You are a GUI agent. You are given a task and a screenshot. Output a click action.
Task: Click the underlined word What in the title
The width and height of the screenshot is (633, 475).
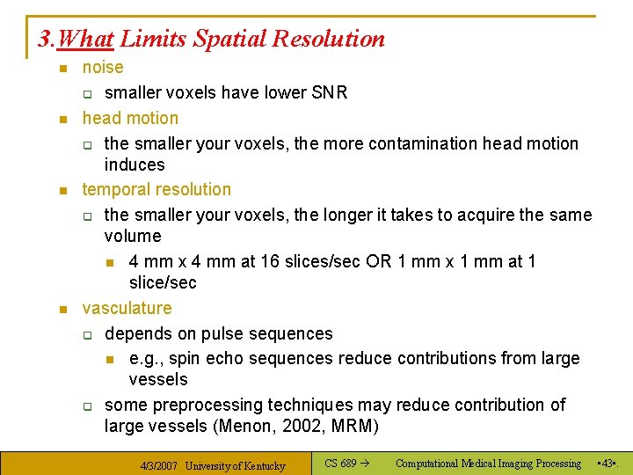[89, 39]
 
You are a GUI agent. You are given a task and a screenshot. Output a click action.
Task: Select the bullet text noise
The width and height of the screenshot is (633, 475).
[103, 68]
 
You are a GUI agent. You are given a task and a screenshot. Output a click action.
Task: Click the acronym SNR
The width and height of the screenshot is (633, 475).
[330, 92]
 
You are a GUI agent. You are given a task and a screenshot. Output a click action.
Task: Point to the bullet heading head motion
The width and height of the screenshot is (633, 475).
[130, 118]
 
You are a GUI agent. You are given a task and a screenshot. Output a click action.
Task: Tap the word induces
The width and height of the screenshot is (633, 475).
[135, 164]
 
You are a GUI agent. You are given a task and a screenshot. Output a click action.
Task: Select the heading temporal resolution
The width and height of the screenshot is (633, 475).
[156, 189]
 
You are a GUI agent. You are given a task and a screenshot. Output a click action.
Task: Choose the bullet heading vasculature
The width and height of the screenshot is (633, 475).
[127, 308]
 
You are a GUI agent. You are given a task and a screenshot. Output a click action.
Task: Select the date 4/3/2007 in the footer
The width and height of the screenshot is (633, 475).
[160, 465]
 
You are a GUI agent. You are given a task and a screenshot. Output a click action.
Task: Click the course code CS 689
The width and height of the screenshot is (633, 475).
[340, 464]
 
